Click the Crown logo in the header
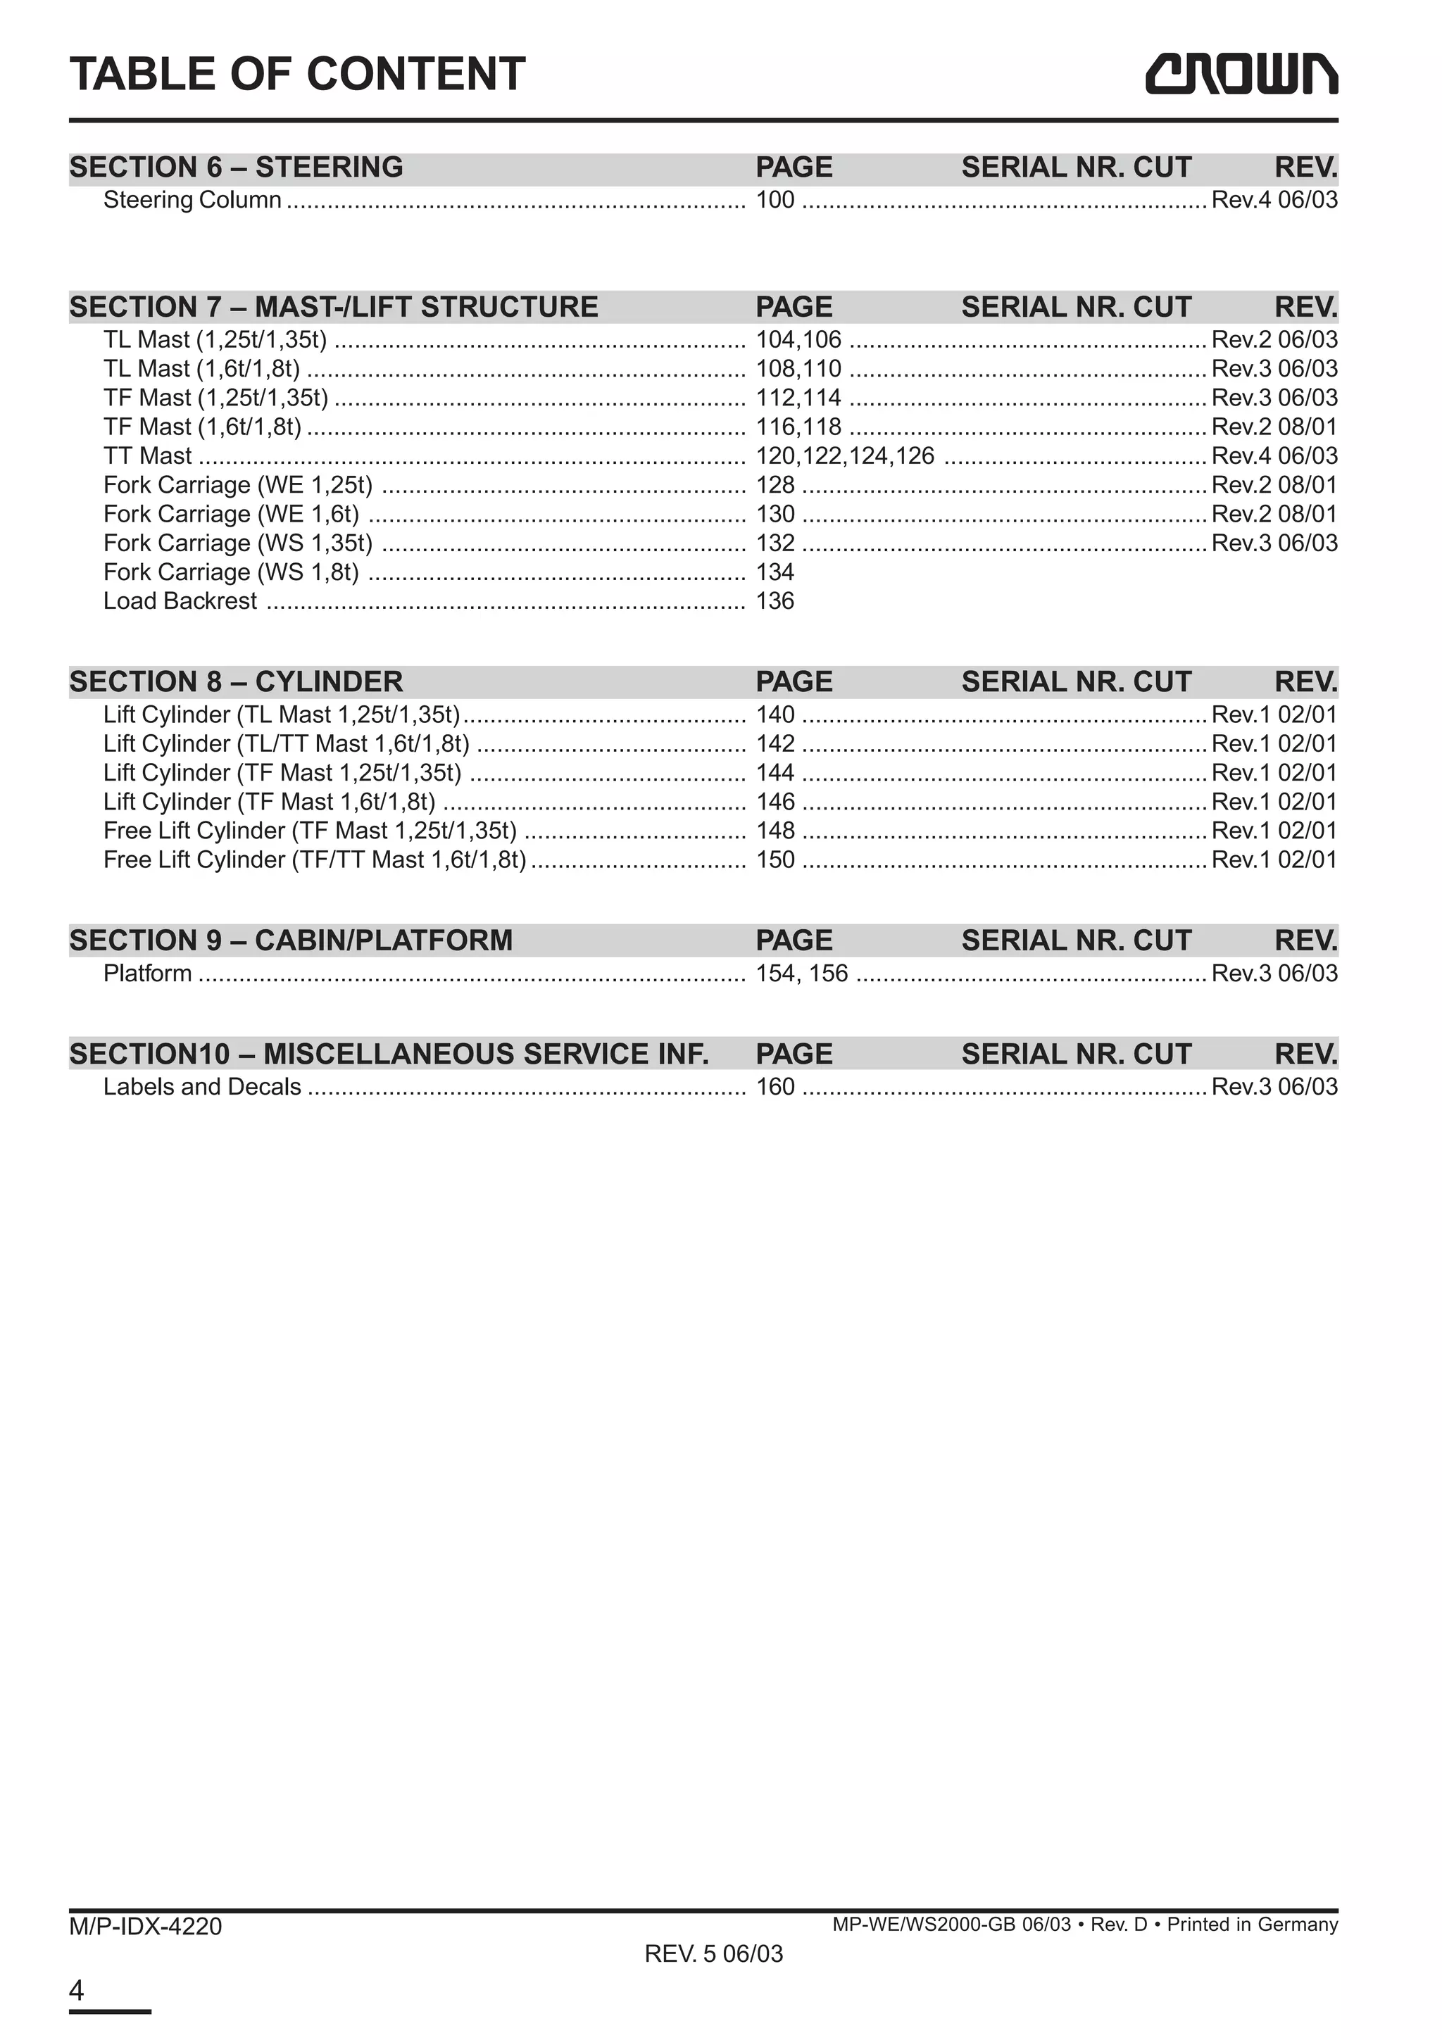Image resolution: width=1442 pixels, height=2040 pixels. click(x=1241, y=74)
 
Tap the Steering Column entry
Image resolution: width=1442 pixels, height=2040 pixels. click(x=192, y=200)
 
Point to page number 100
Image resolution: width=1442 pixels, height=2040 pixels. click(x=775, y=200)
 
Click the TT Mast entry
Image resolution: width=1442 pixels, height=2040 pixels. click(x=147, y=456)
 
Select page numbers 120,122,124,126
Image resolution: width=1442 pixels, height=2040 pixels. click(x=844, y=456)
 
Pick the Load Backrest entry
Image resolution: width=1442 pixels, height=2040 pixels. click(x=180, y=602)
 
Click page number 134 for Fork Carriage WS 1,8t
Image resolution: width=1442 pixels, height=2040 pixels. click(x=775, y=572)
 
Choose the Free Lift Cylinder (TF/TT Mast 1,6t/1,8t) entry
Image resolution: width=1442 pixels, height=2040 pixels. click(x=315, y=860)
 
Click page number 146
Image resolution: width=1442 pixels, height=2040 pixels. click(x=775, y=802)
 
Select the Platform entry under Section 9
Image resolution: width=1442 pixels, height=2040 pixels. click(x=147, y=974)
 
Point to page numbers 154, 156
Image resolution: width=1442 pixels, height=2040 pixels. click(x=801, y=974)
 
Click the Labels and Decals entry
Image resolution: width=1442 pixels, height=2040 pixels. click(x=201, y=1087)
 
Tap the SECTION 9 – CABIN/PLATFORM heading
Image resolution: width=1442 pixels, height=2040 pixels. click(x=291, y=940)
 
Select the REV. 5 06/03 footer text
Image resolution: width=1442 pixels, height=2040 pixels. click(x=713, y=1954)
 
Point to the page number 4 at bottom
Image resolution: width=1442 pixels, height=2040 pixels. click(x=77, y=1990)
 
